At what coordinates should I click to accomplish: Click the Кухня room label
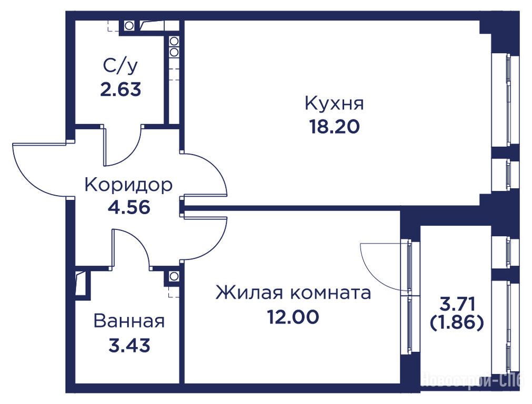tap(334, 103)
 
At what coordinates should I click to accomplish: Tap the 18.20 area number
tap(334, 127)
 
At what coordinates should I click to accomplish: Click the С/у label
tap(121, 67)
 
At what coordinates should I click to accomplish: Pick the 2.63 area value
tap(121, 90)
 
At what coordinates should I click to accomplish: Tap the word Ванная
tap(129, 321)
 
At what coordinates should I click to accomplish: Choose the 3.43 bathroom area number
tap(129, 345)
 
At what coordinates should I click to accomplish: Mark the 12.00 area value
tap(293, 317)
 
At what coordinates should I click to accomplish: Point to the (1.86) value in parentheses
tap(456, 323)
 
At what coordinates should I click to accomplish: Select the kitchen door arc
tap(213, 167)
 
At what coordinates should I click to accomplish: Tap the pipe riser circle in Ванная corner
tap(174, 276)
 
